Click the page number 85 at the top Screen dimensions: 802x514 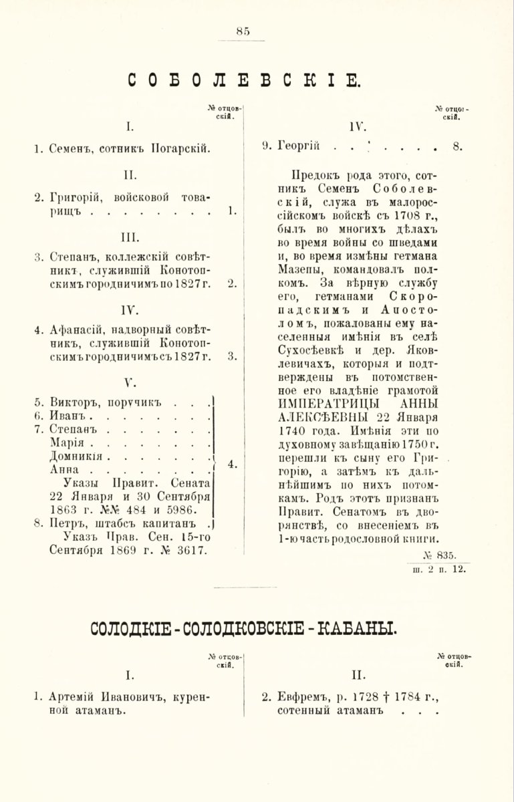(243, 30)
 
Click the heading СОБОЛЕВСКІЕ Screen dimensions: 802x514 (245, 82)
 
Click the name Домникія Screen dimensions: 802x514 (76, 456)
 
